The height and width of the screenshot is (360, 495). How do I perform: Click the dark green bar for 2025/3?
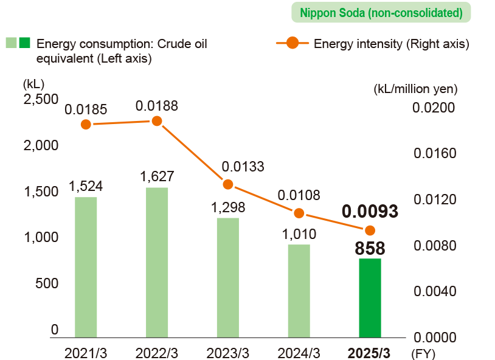(370, 297)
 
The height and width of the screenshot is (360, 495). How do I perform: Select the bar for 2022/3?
(157, 262)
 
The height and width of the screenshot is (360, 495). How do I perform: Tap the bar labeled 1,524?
(86, 266)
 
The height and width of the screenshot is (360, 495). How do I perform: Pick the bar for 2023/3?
(228, 277)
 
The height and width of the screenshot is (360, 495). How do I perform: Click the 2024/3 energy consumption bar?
(299, 290)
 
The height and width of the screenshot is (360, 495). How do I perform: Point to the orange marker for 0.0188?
(157, 121)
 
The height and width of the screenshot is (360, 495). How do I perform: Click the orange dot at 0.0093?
(370, 230)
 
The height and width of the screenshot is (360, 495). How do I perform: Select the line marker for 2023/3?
(228, 184)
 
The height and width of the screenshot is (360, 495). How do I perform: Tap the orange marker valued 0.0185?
(86, 124)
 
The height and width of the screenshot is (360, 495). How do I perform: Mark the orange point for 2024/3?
(299, 213)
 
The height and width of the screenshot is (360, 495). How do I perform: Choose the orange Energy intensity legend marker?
(292, 43)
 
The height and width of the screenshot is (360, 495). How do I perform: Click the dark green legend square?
(25, 43)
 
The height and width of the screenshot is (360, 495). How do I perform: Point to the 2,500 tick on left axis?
(40, 99)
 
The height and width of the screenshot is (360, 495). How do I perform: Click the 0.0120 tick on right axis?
(434, 200)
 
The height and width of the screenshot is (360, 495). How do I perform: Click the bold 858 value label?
(370, 247)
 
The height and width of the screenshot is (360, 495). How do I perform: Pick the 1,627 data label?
(157, 176)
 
